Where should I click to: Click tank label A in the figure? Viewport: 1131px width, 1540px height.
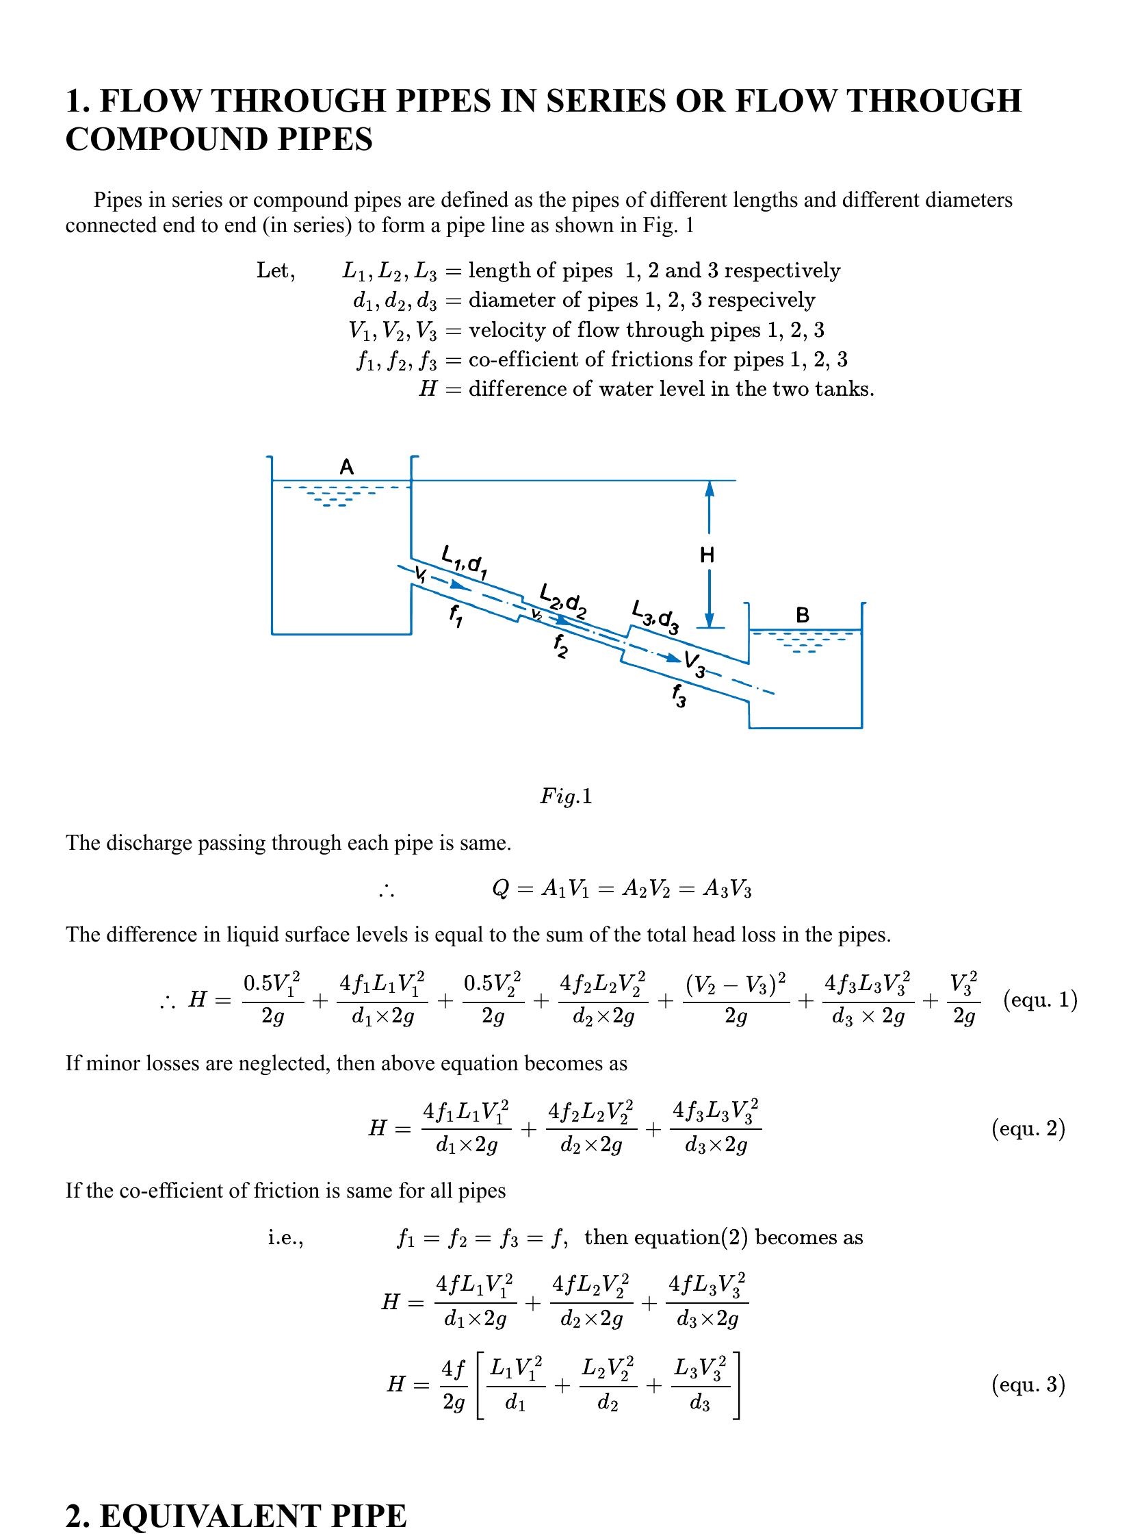tap(347, 467)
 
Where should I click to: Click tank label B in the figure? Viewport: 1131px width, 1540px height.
tap(803, 615)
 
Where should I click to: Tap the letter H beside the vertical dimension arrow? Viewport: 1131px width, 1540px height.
tap(707, 555)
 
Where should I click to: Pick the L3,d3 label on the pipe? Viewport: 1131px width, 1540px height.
tap(655, 617)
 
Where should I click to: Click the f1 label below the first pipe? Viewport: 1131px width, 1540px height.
tap(455, 616)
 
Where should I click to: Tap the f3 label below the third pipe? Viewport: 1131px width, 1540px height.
tap(679, 696)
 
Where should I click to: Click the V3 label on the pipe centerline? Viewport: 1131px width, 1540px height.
tap(694, 663)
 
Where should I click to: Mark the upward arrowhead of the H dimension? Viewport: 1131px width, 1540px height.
tap(710, 488)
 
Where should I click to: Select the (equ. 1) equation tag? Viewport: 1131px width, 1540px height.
tap(1040, 1000)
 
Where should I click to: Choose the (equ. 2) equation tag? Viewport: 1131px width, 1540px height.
tap(1028, 1128)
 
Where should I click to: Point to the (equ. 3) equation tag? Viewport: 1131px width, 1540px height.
tap(1028, 1385)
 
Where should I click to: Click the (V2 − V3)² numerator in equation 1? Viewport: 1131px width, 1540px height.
tap(736, 984)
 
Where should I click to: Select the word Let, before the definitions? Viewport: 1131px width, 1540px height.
tap(276, 270)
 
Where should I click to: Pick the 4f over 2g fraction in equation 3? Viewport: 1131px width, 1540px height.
tap(453, 1385)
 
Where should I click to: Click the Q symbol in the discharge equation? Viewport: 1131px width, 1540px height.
tap(500, 889)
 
